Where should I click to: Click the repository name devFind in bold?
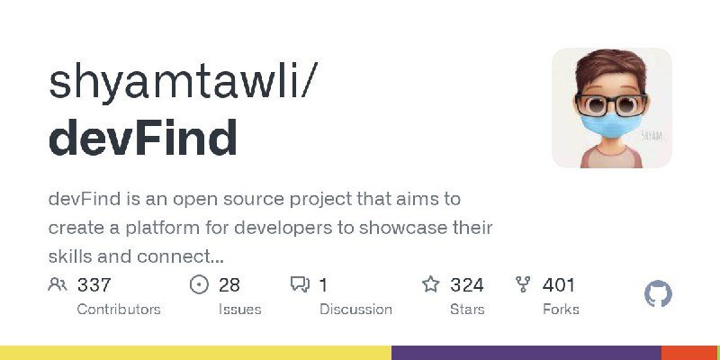[x=143, y=139]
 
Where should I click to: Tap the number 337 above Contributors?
[x=94, y=285]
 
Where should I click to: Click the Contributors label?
[x=119, y=309]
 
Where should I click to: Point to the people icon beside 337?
[x=58, y=285]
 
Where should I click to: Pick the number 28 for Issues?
[x=229, y=285]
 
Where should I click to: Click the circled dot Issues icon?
[x=200, y=285]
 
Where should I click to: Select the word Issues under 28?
[x=239, y=309]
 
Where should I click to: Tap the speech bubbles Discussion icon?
[x=300, y=285]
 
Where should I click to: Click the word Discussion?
[x=355, y=309]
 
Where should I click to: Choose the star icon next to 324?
[x=431, y=285]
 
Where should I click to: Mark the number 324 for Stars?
[x=467, y=285]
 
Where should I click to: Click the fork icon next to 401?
[x=523, y=285]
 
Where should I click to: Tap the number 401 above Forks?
[x=559, y=285]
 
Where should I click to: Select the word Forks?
[x=561, y=309]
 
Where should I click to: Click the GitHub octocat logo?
[x=659, y=294]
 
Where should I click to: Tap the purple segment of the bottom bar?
[x=526, y=353]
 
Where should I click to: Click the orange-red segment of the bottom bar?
[x=690, y=353]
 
